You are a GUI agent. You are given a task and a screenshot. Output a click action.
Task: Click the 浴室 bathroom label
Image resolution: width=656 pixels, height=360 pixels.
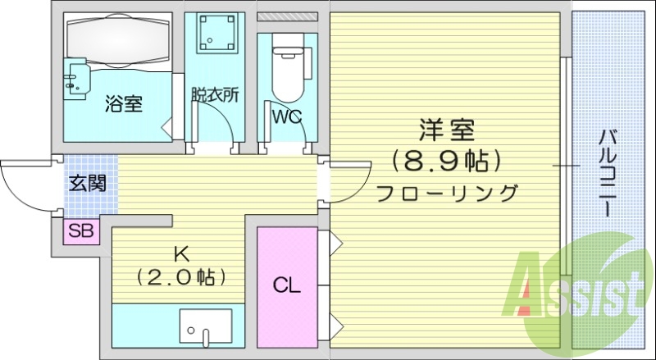tap(124, 104)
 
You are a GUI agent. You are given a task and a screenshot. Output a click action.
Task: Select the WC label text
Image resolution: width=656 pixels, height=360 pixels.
tap(287, 116)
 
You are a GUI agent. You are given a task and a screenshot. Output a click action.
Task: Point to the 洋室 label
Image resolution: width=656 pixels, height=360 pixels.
tap(447, 130)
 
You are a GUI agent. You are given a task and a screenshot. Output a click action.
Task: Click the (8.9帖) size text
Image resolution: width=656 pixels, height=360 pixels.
tap(447, 161)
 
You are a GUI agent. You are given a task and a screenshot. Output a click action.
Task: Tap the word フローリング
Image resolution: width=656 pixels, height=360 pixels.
tap(447, 194)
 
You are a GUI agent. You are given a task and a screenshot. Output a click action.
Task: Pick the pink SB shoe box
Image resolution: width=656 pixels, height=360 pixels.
tap(80, 231)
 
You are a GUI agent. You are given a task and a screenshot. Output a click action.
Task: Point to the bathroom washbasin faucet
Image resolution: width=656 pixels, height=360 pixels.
tap(75, 78)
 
